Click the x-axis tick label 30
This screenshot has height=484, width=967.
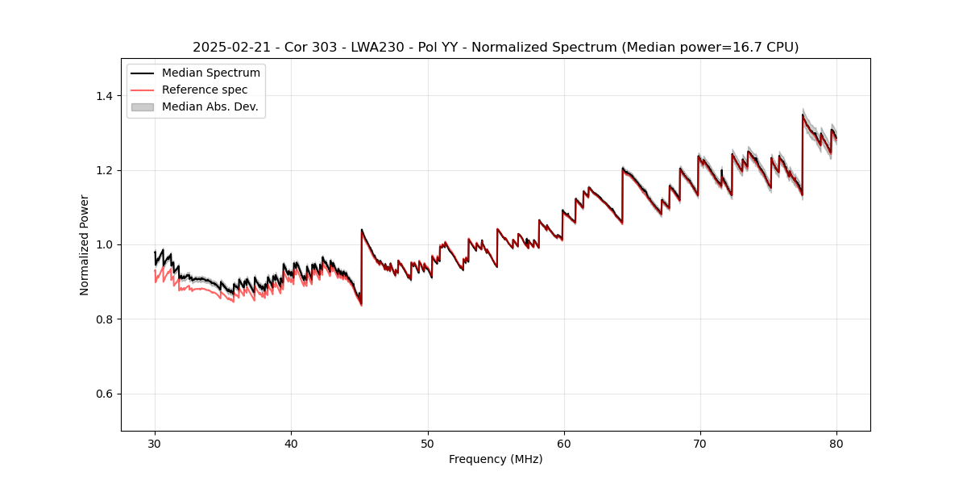pyautogui.click(x=155, y=444)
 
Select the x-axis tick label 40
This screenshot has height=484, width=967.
pyautogui.click(x=291, y=444)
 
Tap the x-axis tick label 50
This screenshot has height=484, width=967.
pyautogui.click(x=427, y=444)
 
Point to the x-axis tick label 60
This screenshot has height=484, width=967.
pyautogui.click(x=564, y=444)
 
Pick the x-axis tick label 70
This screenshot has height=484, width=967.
pyautogui.click(x=700, y=444)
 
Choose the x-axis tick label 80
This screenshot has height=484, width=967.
pyautogui.click(x=836, y=444)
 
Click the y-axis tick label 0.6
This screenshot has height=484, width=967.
pyautogui.click(x=104, y=394)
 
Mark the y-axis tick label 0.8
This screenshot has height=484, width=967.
pyautogui.click(x=104, y=319)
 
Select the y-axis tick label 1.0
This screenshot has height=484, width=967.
pyautogui.click(x=104, y=244)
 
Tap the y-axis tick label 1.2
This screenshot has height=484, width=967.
pyautogui.click(x=104, y=170)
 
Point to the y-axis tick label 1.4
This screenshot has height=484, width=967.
pyautogui.click(x=104, y=96)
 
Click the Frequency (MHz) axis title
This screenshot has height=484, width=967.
pyautogui.click(x=496, y=459)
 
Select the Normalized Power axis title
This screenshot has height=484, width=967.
pyautogui.click(x=85, y=244)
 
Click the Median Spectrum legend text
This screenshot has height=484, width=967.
pyautogui.click(x=210, y=73)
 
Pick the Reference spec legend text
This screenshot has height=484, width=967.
pyautogui.click(x=205, y=90)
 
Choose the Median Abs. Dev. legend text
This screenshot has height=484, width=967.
pyautogui.click(x=210, y=106)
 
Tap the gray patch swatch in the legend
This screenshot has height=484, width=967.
pyautogui.click(x=143, y=106)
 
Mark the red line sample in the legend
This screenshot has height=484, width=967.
pyautogui.click(x=143, y=90)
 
